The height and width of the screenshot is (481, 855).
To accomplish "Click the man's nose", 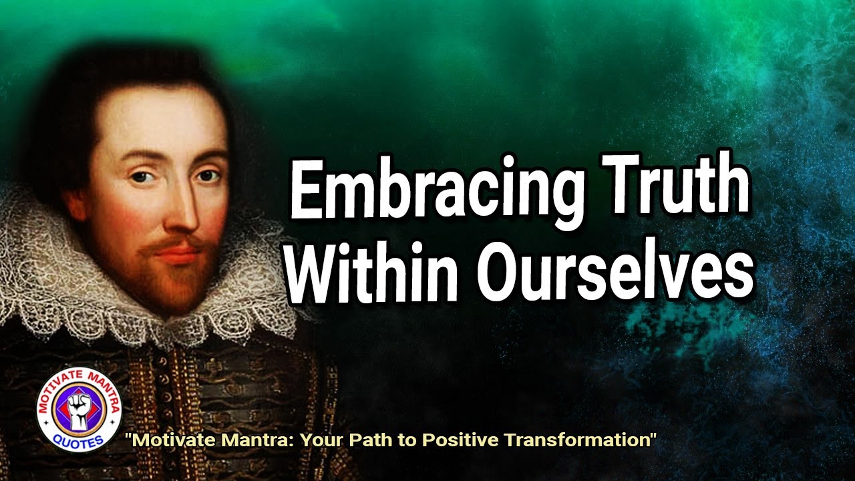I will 184,214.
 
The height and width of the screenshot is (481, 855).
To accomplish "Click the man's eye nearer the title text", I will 208,177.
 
